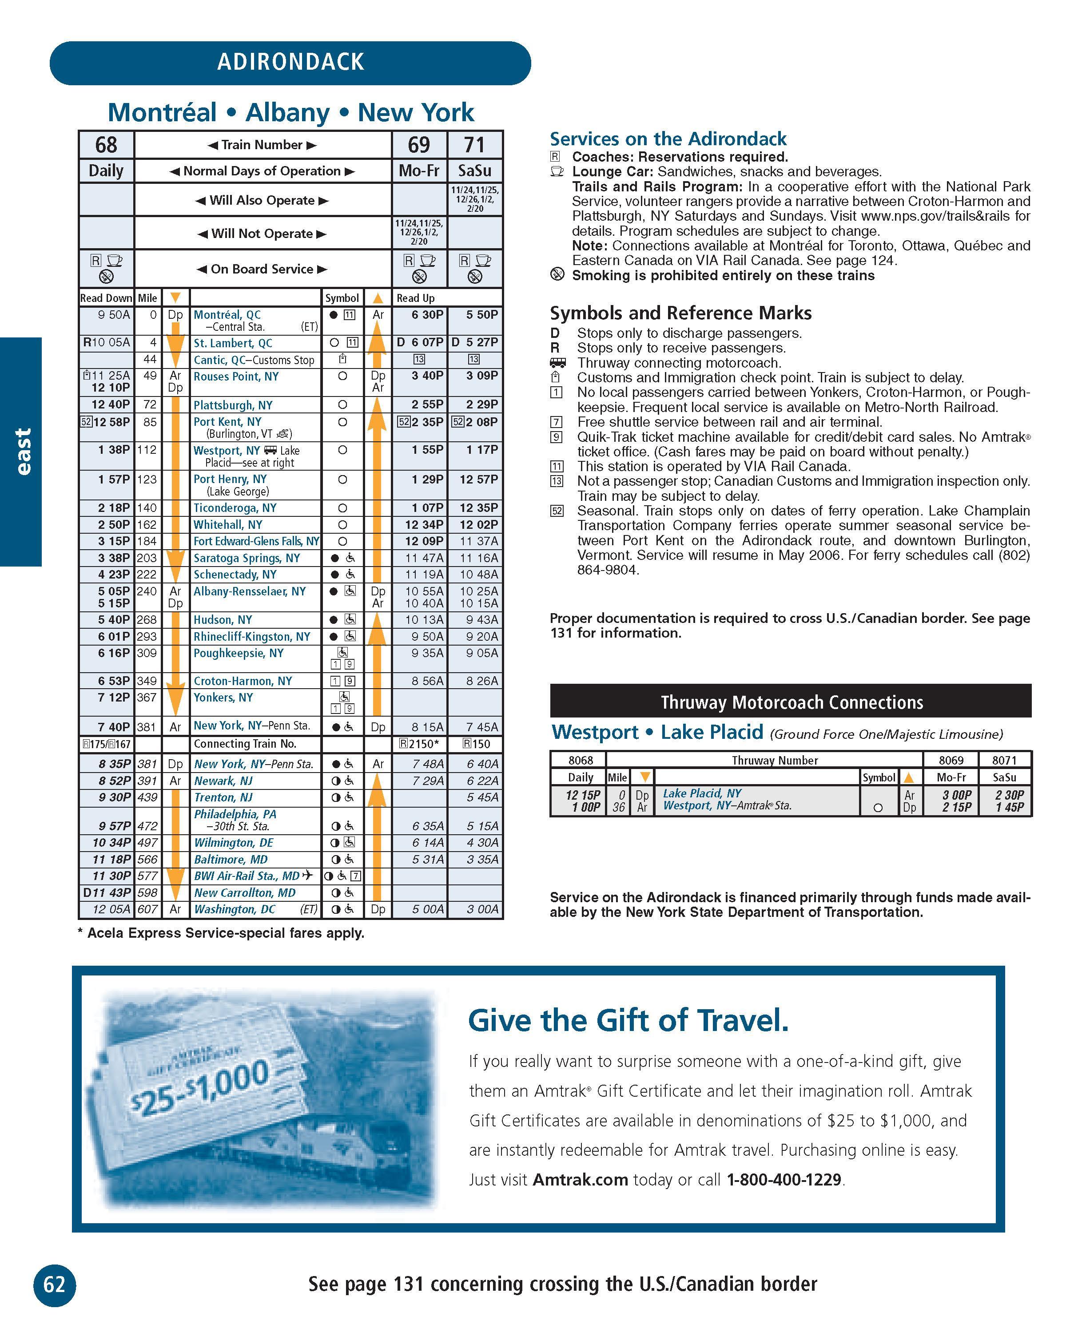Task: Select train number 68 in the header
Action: tap(106, 145)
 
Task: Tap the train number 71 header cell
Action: tap(475, 145)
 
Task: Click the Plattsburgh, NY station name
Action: tap(233, 405)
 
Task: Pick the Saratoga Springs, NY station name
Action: tap(247, 558)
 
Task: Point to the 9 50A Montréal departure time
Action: tap(114, 314)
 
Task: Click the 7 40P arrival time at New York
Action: tap(114, 726)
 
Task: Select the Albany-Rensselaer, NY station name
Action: tap(250, 591)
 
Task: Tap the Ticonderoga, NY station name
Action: tap(235, 508)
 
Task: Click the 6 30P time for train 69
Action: tap(427, 314)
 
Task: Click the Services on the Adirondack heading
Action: tap(668, 139)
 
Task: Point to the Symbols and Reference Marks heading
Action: tap(680, 313)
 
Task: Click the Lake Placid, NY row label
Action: tap(702, 793)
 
